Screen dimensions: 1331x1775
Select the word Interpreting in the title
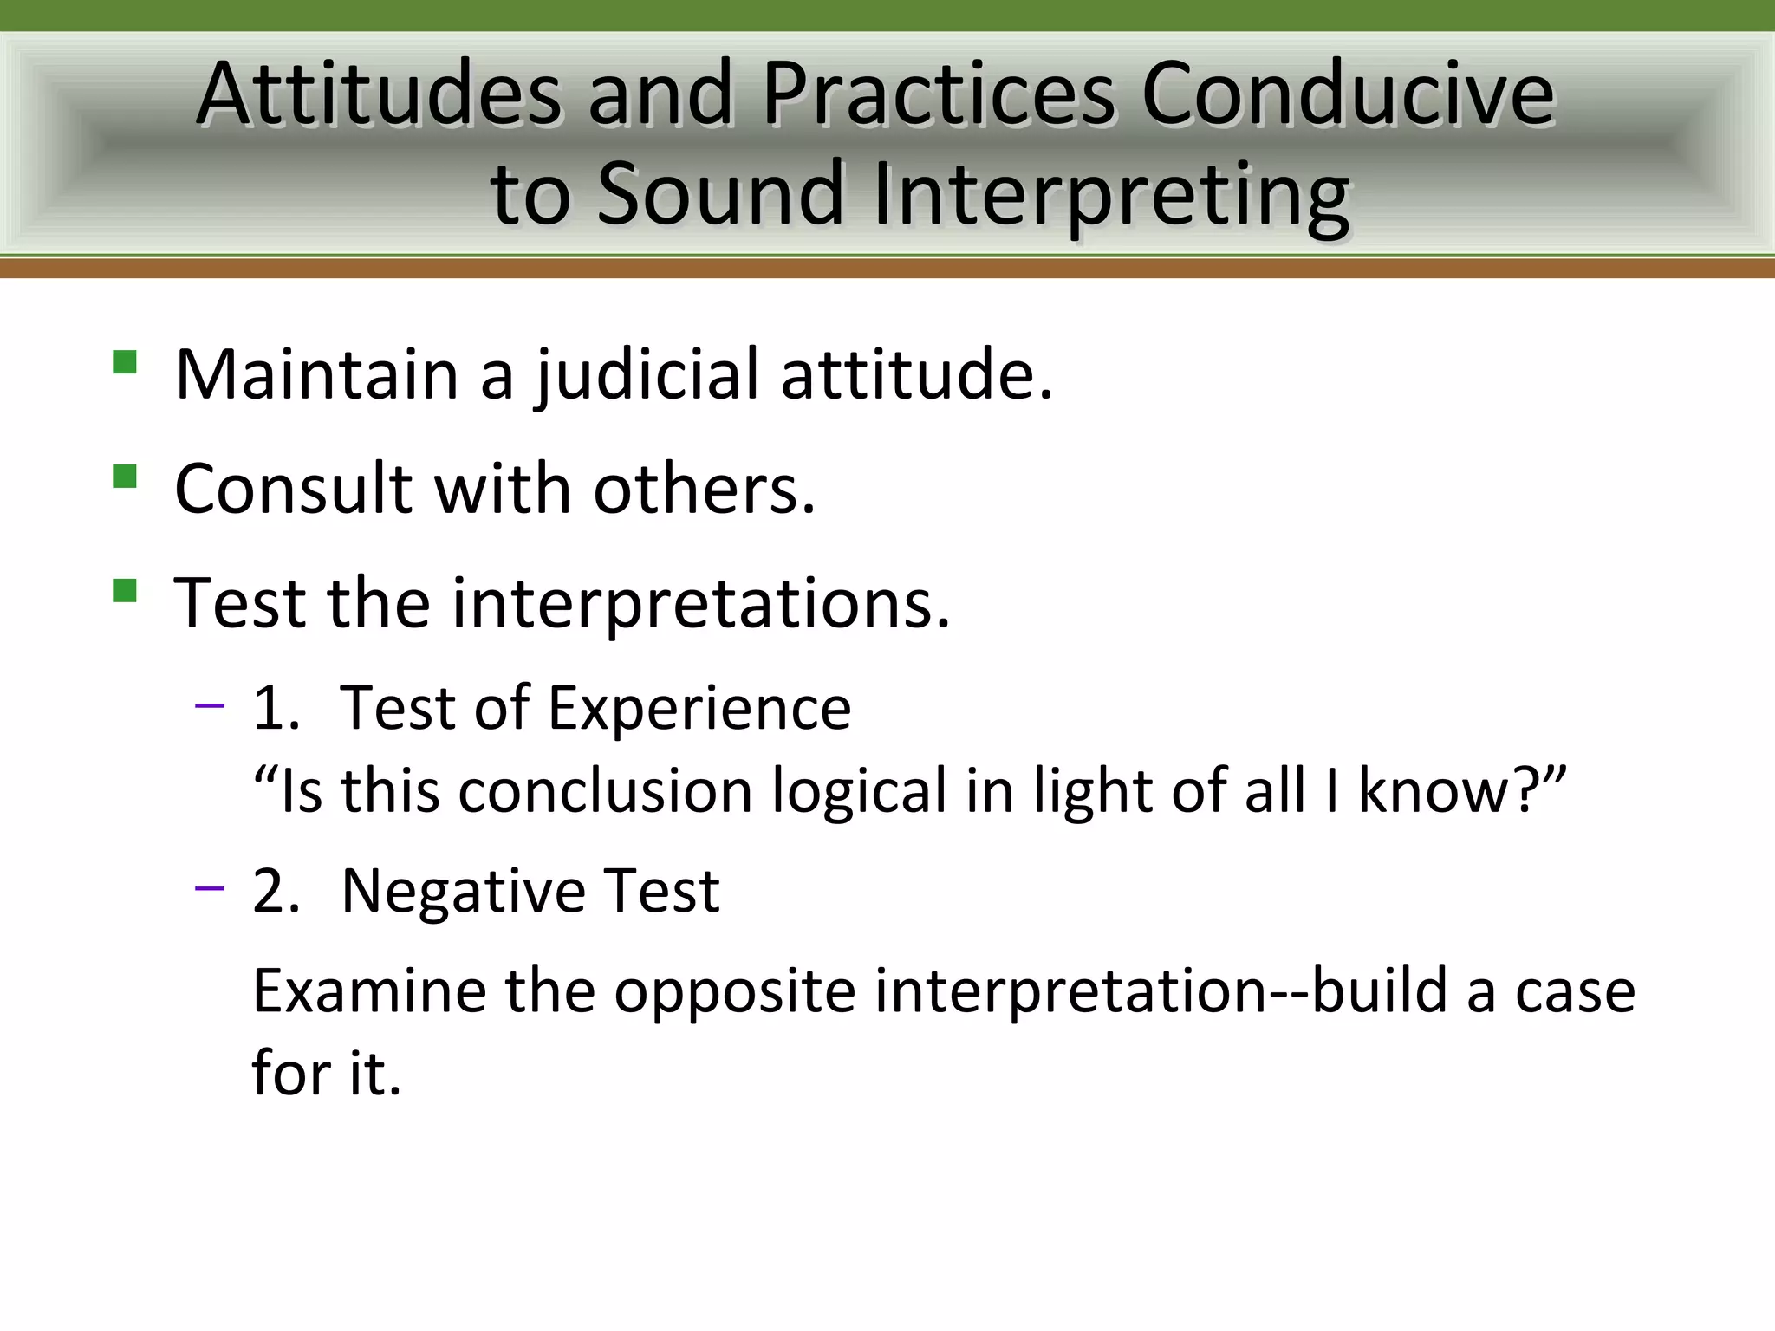click(x=1111, y=195)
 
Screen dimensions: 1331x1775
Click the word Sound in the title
click(x=721, y=195)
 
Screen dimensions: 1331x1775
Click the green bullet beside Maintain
click(x=125, y=361)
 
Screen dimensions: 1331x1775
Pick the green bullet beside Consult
click(x=125, y=477)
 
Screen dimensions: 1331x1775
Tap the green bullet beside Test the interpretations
click(x=125, y=591)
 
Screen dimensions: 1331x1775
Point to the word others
click(x=704, y=490)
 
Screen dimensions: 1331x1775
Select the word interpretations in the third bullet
click(x=700, y=605)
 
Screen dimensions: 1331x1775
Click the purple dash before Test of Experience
click(x=210, y=706)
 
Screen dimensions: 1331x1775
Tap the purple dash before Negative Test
click(x=210, y=888)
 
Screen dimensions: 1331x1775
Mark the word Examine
click(x=368, y=991)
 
